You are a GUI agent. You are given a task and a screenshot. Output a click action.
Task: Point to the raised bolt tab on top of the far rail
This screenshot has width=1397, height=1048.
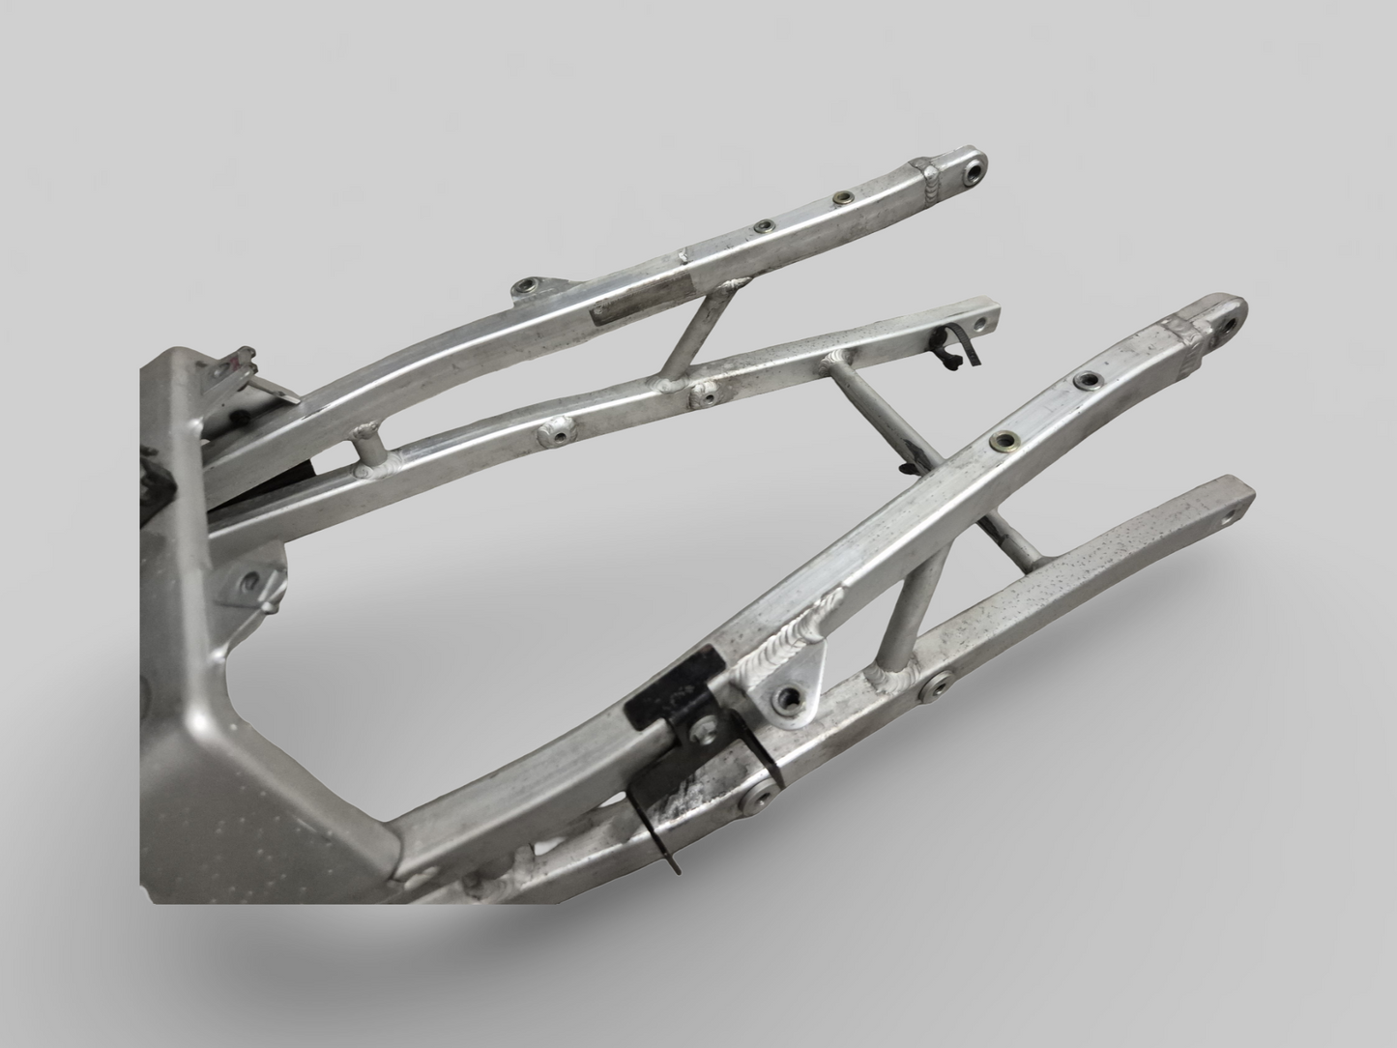point(528,287)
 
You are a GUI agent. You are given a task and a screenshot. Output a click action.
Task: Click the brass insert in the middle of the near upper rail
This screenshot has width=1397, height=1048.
point(1003,441)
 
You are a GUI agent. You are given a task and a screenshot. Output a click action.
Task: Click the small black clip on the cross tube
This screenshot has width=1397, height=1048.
point(907,469)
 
